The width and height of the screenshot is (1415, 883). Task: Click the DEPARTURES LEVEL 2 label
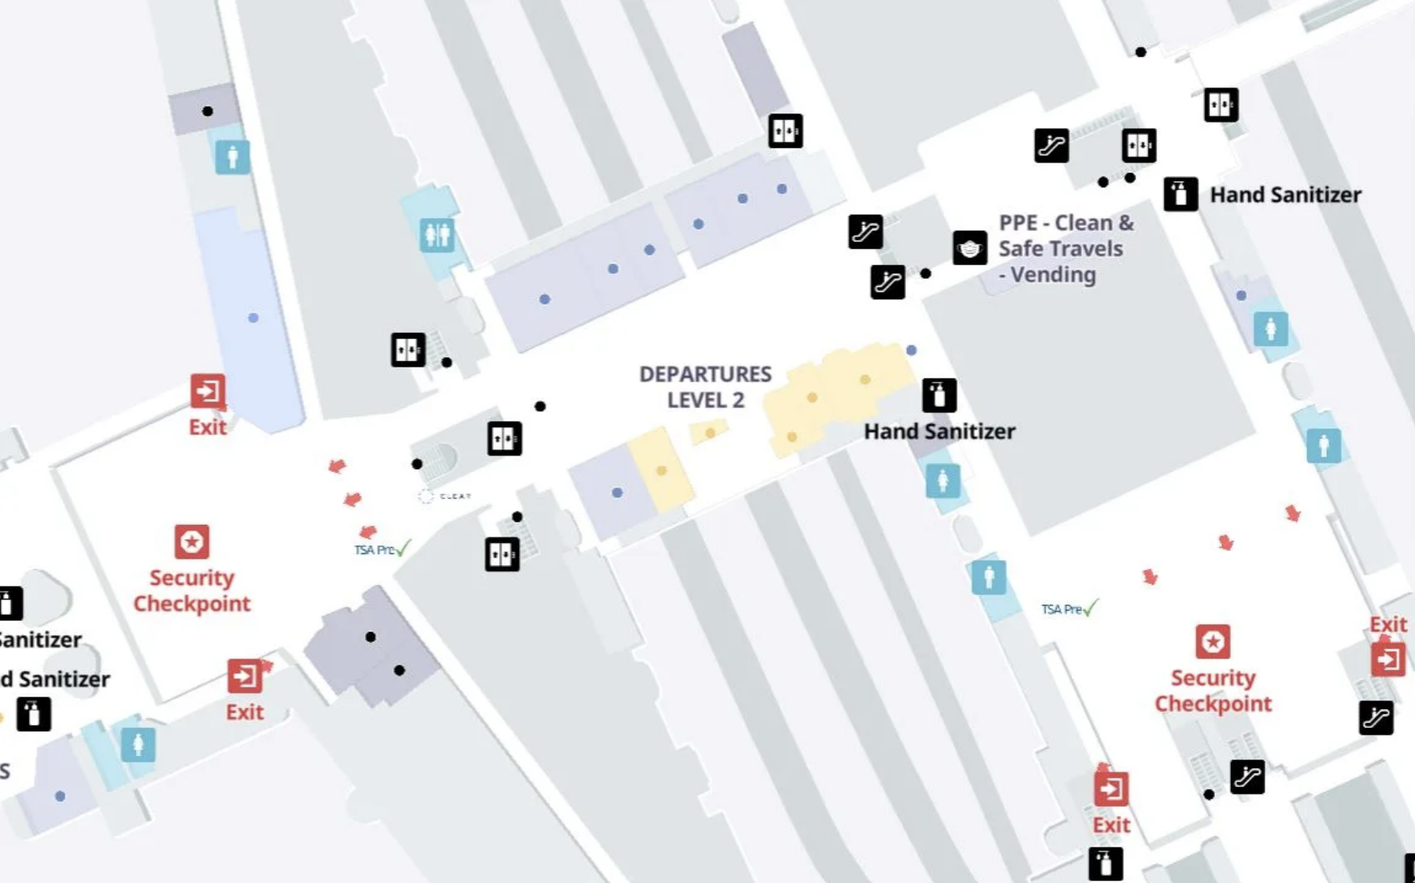coord(705,386)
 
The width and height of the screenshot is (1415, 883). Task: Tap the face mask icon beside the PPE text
coord(969,249)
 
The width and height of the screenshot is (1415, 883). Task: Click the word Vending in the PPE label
coord(1053,275)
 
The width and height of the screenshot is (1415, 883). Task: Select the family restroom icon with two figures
coord(437,235)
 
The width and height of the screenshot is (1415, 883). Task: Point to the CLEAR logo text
coord(455,496)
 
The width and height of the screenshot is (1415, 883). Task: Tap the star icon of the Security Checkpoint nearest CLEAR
coord(191,541)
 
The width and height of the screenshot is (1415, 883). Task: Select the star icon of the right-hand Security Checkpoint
coord(1213,642)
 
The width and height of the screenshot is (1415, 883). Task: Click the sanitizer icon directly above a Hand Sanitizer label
coord(939,395)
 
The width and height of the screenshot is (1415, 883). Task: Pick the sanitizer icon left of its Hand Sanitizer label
coord(1180,194)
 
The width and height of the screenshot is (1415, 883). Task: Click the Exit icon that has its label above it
coord(1387,659)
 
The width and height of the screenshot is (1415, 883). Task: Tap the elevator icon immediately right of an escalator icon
coord(1139,146)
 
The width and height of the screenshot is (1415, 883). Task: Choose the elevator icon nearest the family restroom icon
coord(408,349)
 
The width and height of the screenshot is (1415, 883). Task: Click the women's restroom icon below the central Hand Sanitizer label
coord(943,481)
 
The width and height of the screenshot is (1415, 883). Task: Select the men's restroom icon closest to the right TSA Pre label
coord(989,578)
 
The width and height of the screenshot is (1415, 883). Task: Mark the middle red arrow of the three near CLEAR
coord(352,499)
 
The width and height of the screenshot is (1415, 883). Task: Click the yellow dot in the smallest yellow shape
coord(710,433)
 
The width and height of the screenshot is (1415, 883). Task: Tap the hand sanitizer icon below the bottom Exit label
coord(1105,864)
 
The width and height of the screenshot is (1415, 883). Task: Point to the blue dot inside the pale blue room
coord(253,318)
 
